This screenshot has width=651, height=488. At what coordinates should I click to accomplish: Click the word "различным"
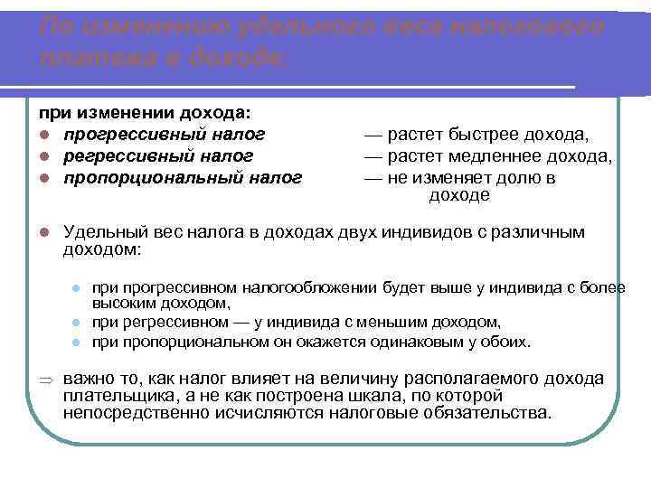tap(543, 232)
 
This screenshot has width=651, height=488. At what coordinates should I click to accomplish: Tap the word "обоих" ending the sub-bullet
tap(510, 342)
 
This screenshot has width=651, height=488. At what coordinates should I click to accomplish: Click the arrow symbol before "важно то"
tap(41, 380)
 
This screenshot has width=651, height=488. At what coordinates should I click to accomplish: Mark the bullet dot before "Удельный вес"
tap(42, 233)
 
